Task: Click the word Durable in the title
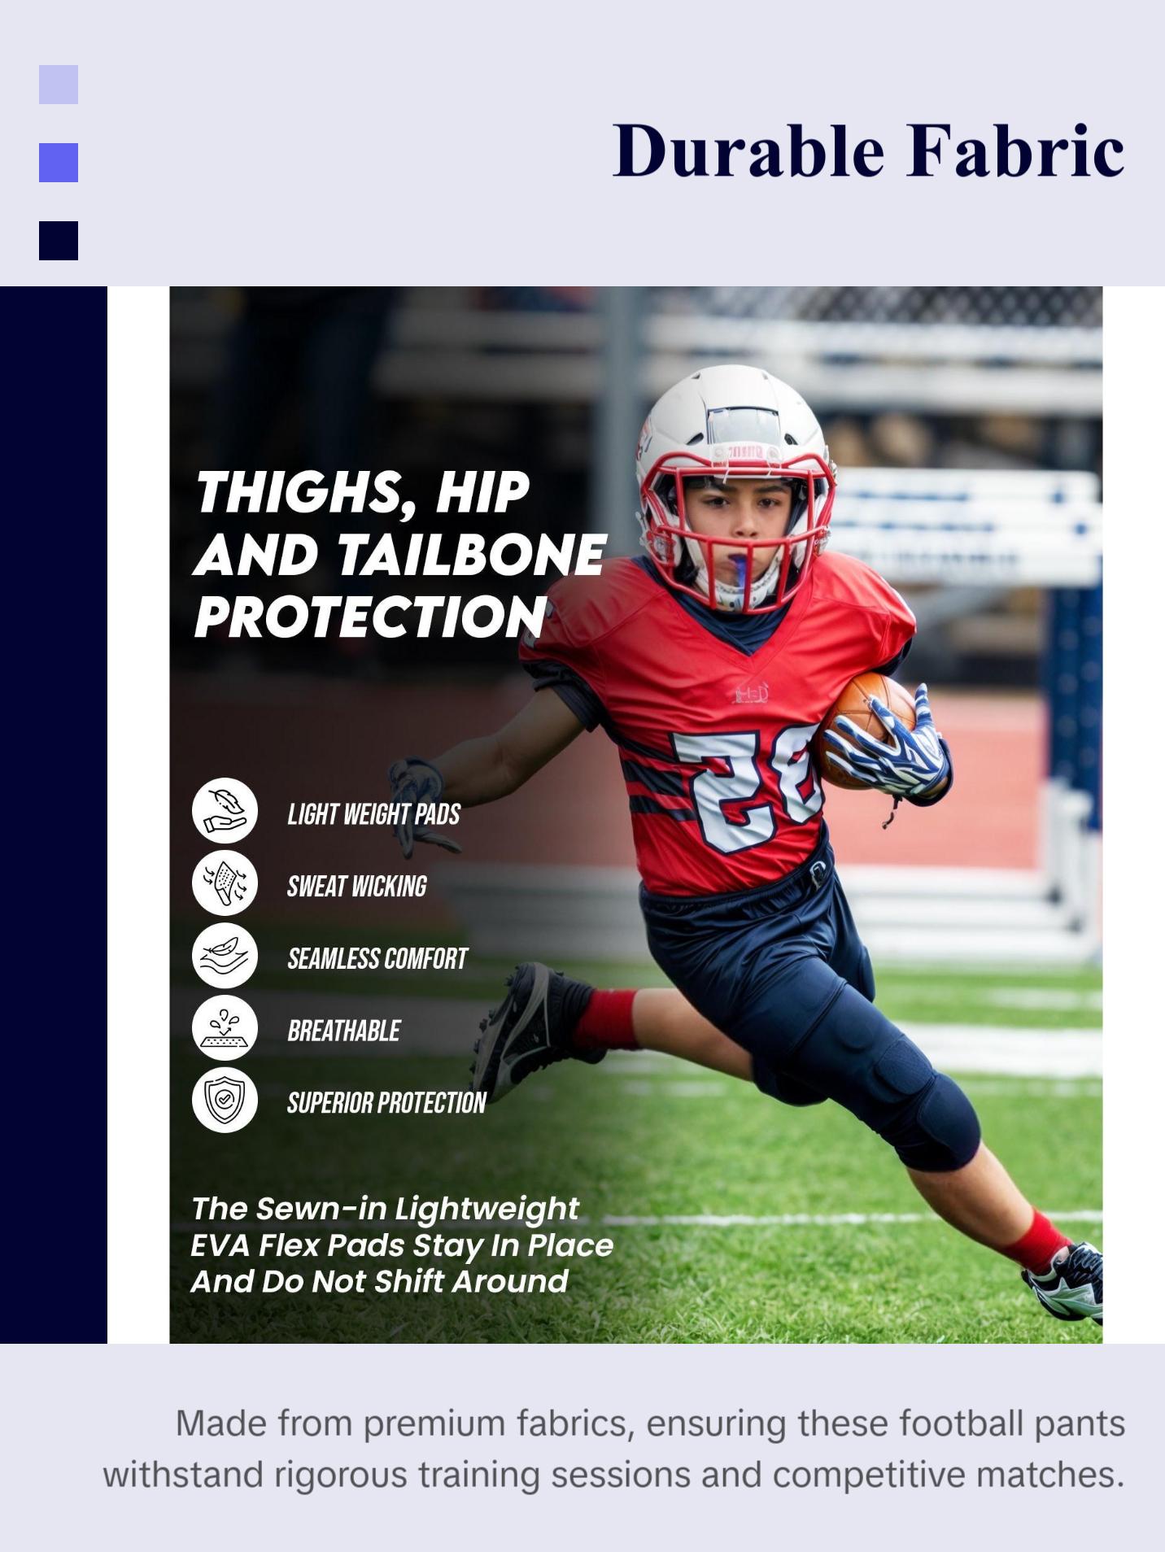(748, 151)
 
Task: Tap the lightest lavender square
(59, 85)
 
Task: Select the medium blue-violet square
(59, 163)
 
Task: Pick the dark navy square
(59, 241)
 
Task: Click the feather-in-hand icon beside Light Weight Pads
(225, 810)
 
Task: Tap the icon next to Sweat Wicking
(225, 883)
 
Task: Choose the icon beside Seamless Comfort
(225, 955)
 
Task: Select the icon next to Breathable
(225, 1027)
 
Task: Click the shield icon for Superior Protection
(225, 1100)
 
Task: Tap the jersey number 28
(744, 785)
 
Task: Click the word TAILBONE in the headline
(471, 556)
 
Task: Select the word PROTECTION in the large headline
(370, 617)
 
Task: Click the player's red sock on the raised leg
(606, 1019)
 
